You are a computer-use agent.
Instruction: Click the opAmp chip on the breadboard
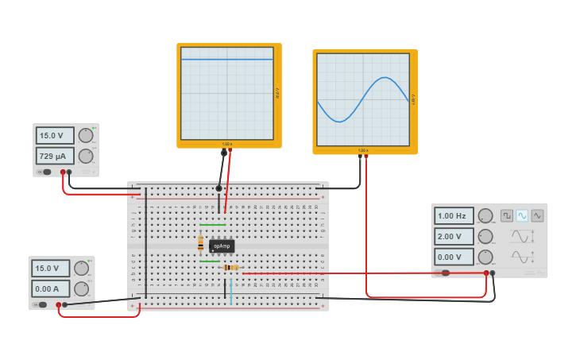222,246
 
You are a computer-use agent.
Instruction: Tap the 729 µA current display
55,156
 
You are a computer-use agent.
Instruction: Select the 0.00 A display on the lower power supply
51,288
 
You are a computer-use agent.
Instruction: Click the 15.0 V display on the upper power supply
55,135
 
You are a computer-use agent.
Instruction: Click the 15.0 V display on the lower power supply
51,268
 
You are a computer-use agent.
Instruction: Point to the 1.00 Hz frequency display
454,215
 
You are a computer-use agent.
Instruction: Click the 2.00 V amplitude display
454,236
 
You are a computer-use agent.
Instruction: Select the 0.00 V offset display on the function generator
454,257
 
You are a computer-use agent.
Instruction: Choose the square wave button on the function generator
507,215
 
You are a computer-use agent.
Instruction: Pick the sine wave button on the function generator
522,215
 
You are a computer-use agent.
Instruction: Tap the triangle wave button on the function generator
538,215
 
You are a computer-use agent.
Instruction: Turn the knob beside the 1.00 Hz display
485,215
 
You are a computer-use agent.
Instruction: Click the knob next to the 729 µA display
85,156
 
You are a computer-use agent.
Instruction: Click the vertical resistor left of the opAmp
200,243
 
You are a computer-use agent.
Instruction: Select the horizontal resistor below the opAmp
230,268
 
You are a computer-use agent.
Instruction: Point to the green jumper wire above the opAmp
211,225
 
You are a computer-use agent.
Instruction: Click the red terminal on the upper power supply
63,172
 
